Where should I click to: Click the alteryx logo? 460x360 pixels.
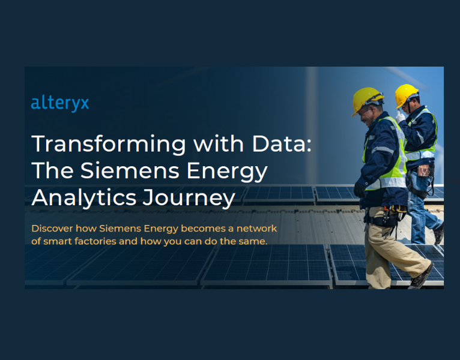coord(60,103)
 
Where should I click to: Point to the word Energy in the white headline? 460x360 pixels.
coord(228,172)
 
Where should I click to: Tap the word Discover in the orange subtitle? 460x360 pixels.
coord(53,229)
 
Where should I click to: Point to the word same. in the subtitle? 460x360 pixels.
coord(255,241)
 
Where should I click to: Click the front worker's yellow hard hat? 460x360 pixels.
coord(366,99)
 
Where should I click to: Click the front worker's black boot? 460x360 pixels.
coord(421,277)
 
